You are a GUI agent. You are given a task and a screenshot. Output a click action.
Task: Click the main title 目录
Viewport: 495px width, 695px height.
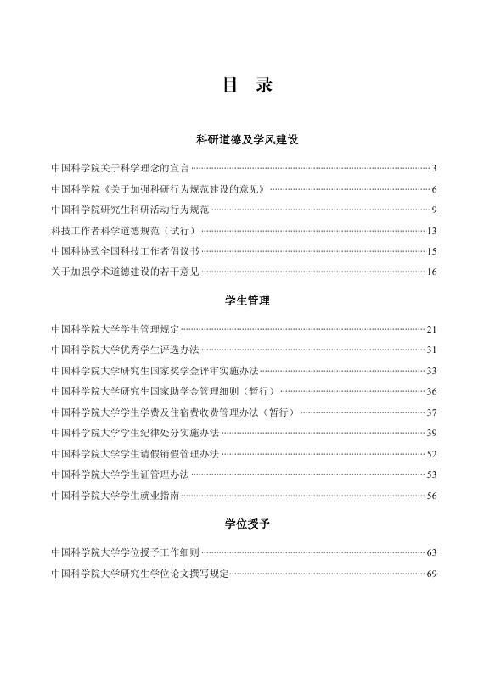pos(247,86)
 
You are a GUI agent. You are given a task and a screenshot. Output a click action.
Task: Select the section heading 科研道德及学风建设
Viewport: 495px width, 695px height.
pos(247,138)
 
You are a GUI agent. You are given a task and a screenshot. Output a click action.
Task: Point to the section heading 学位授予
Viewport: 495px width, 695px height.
pos(247,524)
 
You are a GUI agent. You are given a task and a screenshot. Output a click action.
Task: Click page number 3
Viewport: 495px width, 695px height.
pos(434,169)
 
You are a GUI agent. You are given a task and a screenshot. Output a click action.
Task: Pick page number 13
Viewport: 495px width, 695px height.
pos(431,231)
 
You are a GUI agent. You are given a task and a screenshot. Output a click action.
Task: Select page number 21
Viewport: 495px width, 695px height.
pos(431,329)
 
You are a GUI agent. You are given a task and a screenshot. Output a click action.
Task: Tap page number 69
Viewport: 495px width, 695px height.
pos(431,574)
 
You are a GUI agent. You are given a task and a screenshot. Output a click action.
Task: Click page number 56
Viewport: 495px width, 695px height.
pos(431,496)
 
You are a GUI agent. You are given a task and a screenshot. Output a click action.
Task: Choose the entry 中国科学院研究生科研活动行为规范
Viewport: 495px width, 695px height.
pos(129,210)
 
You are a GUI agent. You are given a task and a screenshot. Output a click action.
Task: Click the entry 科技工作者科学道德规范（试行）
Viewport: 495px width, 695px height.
pos(124,231)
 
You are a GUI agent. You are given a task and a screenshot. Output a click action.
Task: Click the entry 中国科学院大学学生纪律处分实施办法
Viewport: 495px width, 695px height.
pos(136,433)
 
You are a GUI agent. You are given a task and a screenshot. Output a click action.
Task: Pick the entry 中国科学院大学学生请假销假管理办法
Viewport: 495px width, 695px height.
pos(136,454)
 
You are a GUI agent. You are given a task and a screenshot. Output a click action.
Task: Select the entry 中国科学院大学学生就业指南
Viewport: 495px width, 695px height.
pos(115,496)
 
